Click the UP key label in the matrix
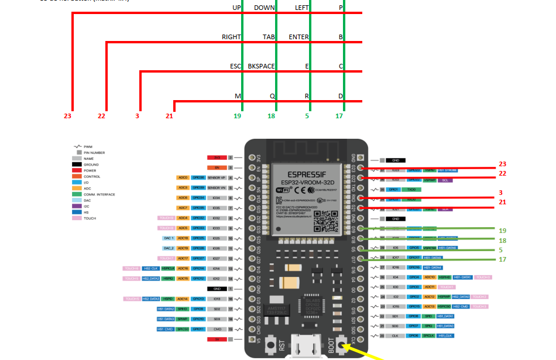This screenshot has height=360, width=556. pos(236,8)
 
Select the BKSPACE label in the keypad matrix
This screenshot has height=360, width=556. pos(261,66)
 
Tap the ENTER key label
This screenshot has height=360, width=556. pos(298,37)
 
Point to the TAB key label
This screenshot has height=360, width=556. pos(269,37)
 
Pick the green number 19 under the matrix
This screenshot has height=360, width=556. pos(237,116)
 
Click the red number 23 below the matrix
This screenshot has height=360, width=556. pos(68,116)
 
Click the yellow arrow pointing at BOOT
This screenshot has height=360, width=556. pos(366,354)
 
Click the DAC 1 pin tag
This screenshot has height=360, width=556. pos(167,238)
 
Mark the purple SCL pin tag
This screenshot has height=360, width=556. pos(445,180)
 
